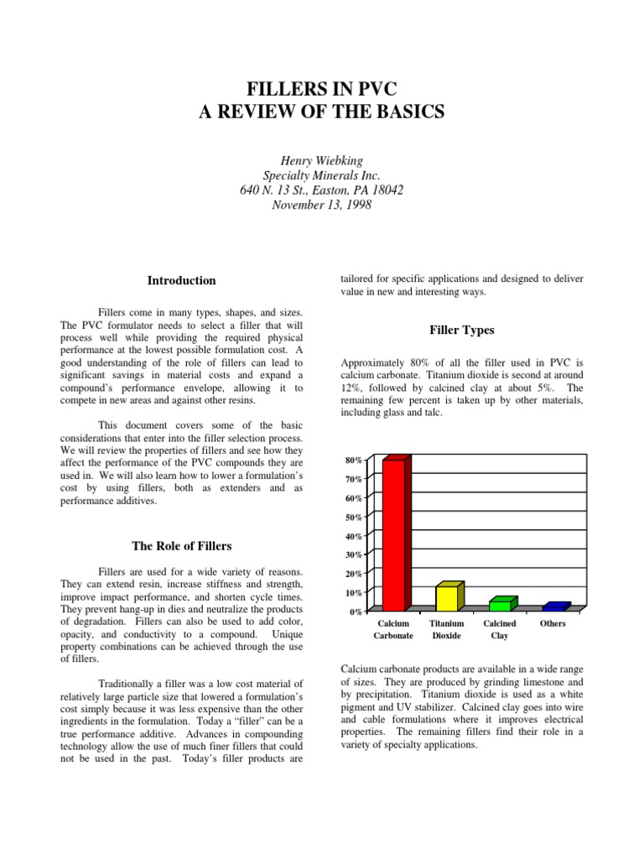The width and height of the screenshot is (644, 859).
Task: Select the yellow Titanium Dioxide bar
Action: pyautogui.click(x=447, y=597)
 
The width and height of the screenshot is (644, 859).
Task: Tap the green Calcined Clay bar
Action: pyautogui.click(x=501, y=604)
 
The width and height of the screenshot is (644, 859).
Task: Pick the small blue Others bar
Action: pyautogui.click(x=553, y=607)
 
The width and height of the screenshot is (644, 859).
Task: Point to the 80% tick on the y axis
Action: pyautogui.click(x=353, y=461)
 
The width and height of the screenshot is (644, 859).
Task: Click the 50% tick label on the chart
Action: pyautogui.click(x=353, y=518)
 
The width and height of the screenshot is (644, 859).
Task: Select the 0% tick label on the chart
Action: pyautogui.click(x=356, y=612)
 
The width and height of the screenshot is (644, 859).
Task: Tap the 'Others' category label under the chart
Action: pyautogui.click(x=553, y=624)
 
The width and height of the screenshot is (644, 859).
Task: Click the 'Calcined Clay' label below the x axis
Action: pyautogui.click(x=500, y=630)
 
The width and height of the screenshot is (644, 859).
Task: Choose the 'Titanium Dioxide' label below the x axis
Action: pyautogui.click(x=446, y=630)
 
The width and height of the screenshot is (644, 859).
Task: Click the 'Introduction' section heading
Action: pyautogui.click(x=182, y=281)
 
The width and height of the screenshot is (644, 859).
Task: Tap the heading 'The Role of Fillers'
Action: pyautogui.click(x=182, y=546)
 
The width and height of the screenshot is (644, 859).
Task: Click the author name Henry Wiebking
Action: pyautogui.click(x=322, y=160)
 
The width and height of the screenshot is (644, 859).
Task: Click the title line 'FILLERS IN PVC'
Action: pyautogui.click(x=322, y=89)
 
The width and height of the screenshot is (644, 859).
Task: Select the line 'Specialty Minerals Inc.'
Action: pyautogui.click(x=322, y=175)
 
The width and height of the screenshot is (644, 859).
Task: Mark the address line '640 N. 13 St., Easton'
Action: pyautogui.click(x=322, y=190)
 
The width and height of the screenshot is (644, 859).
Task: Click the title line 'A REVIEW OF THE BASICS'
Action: pyautogui.click(x=322, y=112)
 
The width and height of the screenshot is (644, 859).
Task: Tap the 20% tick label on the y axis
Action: pyautogui.click(x=353, y=575)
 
